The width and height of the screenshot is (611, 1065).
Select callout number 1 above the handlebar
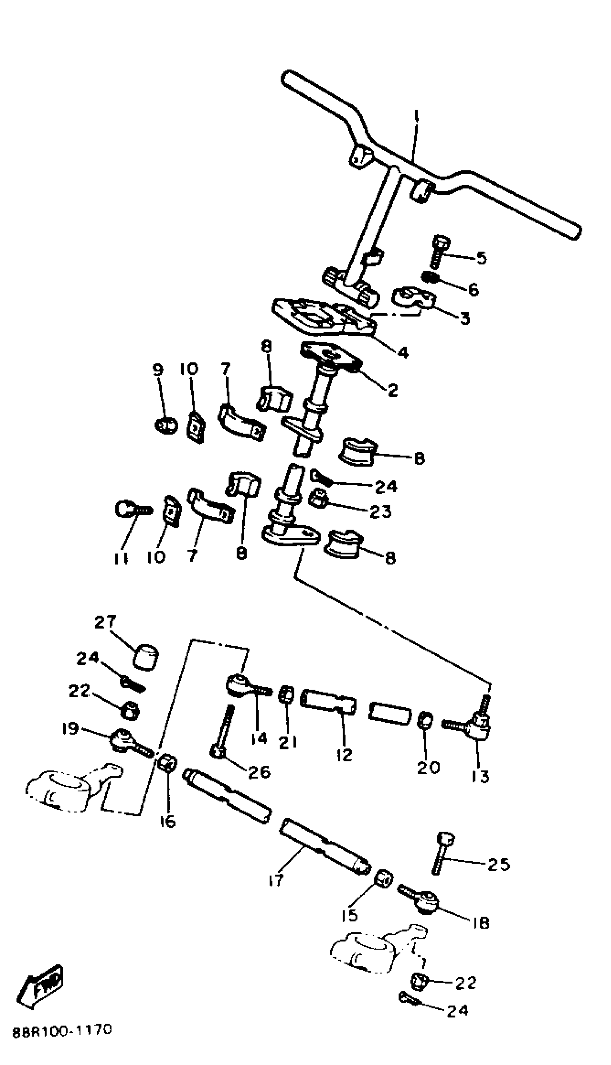click(416, 115)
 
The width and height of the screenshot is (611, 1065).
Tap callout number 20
click(428, 767)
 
